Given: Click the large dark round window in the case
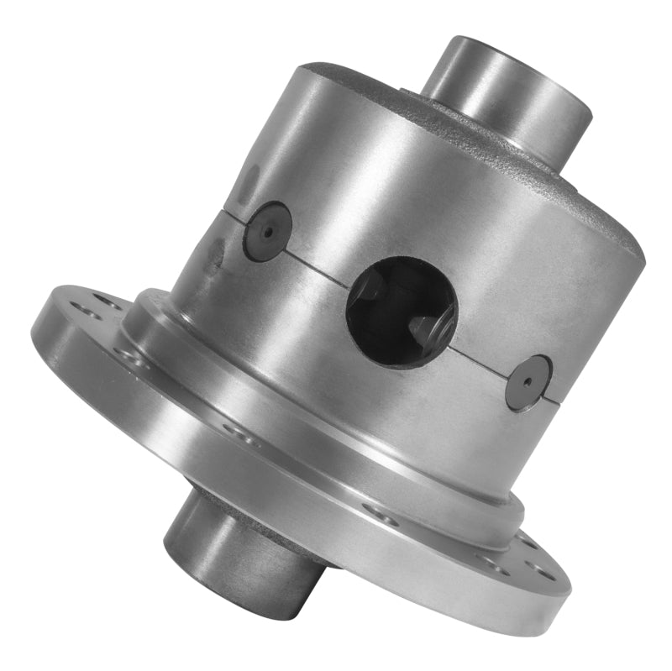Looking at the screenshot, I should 401,310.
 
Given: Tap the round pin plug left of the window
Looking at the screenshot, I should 267,232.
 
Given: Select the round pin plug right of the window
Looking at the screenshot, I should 528,382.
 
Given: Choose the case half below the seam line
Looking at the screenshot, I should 336,353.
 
